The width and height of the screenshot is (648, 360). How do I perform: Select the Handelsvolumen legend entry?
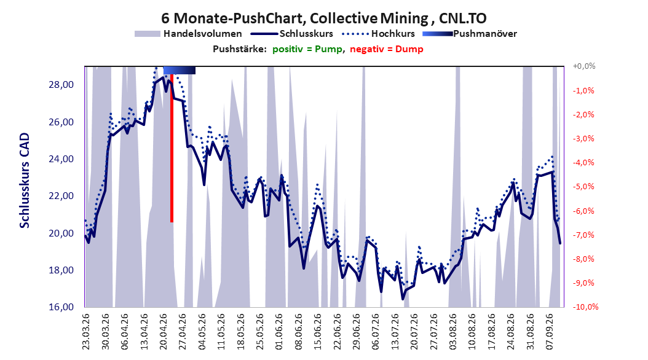(188, 34)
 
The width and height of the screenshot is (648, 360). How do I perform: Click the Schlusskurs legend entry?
(292, 34)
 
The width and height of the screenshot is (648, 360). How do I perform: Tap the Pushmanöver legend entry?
(470, 34)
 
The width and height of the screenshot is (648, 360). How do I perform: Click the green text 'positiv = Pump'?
(307, 49)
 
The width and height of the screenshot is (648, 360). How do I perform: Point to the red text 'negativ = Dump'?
(387, 49)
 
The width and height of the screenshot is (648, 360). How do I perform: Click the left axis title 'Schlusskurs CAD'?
(25, 181)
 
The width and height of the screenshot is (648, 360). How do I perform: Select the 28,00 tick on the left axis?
(61, 85)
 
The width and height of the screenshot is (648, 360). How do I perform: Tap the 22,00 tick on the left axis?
(61, 196)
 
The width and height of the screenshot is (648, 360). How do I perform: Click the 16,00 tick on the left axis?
(61, 307)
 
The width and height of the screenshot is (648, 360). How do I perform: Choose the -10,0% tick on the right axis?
(585, 307)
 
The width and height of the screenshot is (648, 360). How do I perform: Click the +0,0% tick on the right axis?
(584, 66)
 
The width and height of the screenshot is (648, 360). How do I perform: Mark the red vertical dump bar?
(172, 148)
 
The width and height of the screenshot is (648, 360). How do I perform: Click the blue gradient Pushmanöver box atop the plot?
(180, 70)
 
